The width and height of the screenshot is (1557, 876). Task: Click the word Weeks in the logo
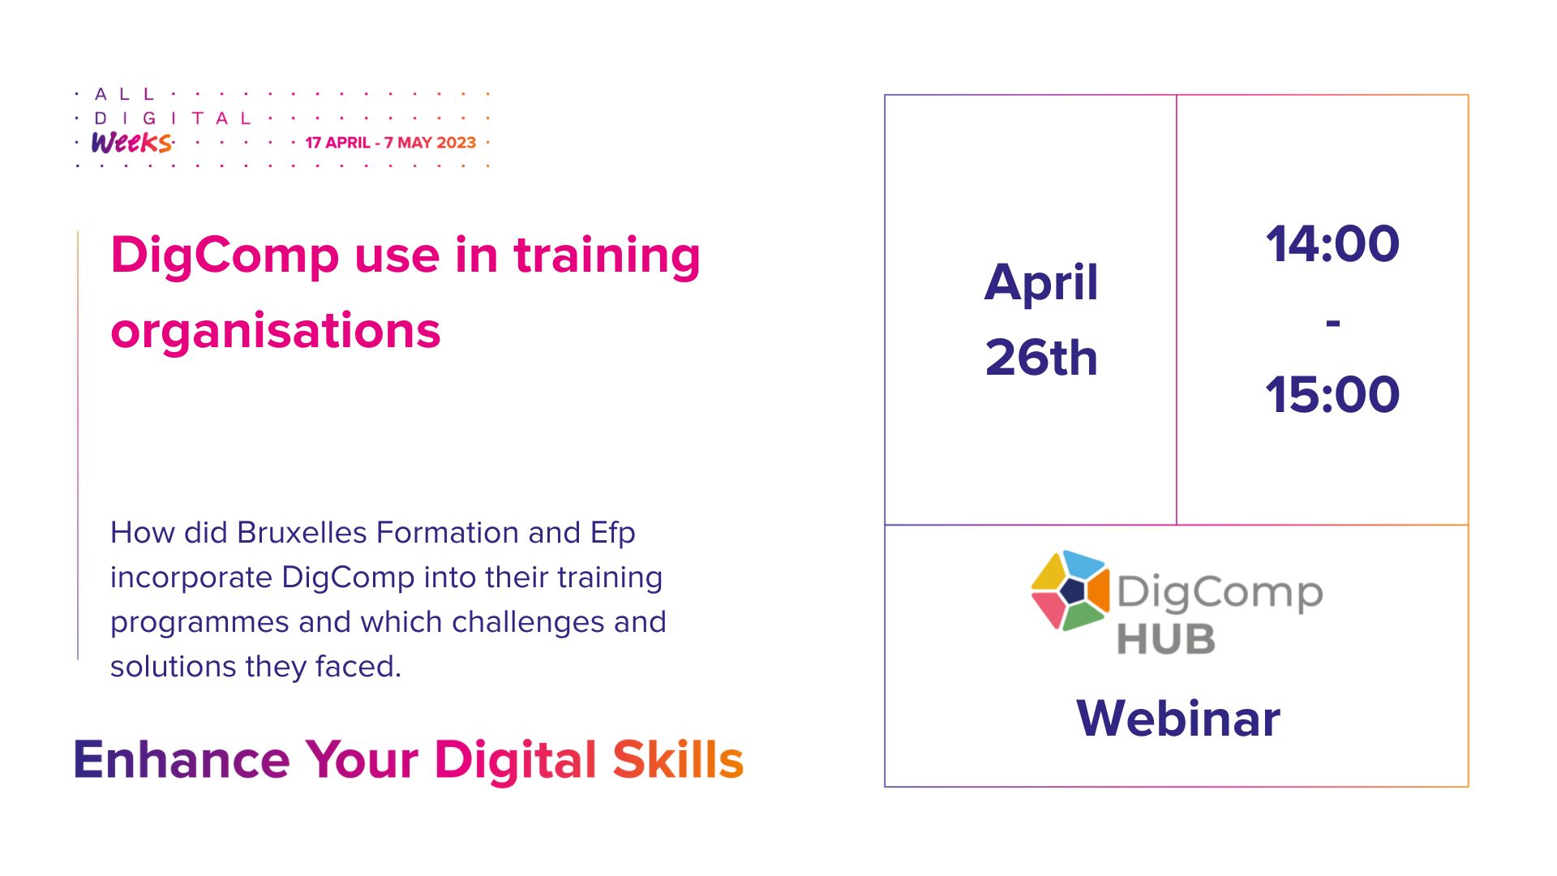pos(131,143)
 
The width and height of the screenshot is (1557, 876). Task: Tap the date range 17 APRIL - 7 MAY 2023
pos(391,143)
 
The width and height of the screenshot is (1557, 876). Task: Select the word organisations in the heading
pos(276,331)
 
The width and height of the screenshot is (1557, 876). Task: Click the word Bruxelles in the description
pos(302,533)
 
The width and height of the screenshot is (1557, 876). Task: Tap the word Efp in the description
pos(612,533)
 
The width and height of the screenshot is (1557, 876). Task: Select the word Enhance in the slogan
pos(182,760)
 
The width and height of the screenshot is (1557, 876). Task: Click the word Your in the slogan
pos(362,760)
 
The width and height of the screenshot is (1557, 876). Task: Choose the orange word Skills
pos(678,760)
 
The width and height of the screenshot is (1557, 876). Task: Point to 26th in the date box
pos(1041,358)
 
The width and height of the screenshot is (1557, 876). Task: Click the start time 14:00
pos(1332,244)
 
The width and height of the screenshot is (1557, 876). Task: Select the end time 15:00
pos(1332,395)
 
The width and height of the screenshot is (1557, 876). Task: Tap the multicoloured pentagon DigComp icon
pos(1070,590)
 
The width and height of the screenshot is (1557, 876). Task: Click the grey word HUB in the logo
pos(1166,639)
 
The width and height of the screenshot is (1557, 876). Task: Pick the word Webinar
pos(1178,719)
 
